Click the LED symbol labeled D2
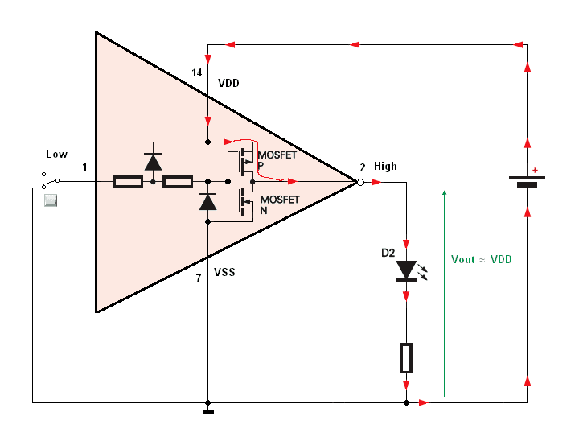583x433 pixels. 407,270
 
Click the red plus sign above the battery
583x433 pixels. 535,170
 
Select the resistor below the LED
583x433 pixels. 407,357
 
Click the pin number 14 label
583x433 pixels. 197,73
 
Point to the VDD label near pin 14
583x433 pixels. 229,83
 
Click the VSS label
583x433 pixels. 224,273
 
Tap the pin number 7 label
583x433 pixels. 199,279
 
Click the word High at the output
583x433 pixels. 385,167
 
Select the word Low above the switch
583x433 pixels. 56,154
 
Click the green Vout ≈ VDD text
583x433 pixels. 482,259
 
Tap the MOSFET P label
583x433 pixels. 277,159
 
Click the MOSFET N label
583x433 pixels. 279,204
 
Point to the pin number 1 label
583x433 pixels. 84,167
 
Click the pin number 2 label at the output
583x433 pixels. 363,167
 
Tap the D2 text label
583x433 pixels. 388,253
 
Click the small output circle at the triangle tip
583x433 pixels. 360,183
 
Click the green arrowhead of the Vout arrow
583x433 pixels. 444,194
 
